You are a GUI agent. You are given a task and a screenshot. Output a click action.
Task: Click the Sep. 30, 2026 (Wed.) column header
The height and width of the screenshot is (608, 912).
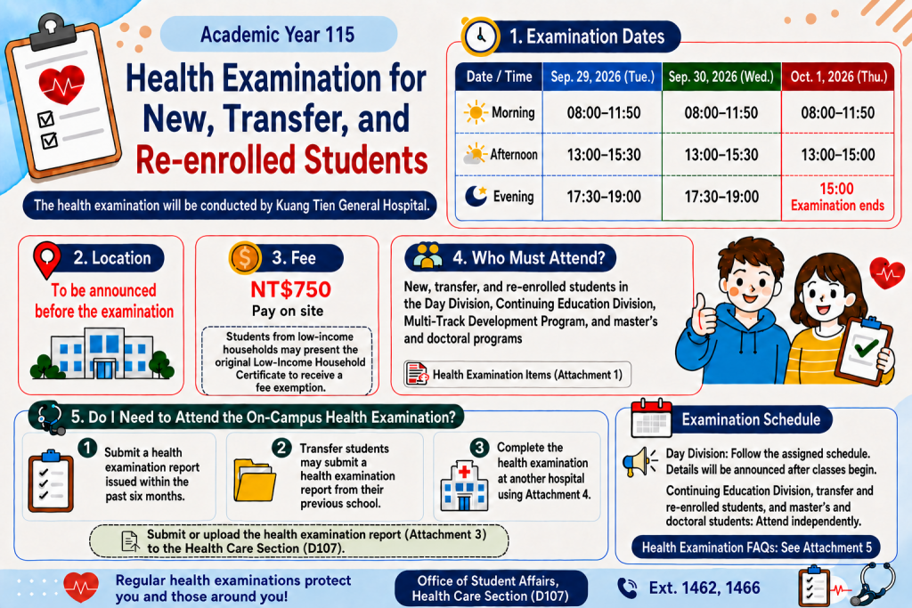pyautogui.click(x=721, y=77)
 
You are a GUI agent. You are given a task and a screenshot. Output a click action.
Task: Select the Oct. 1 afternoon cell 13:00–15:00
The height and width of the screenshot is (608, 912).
pyautogui.click(x=837, y=155)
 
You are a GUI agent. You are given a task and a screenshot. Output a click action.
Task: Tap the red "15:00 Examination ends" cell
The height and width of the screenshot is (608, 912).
pyautogui.click(x=837, y=197)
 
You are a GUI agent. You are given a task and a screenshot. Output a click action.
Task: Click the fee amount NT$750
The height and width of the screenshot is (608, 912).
pyautogui.click(x=290, y=289)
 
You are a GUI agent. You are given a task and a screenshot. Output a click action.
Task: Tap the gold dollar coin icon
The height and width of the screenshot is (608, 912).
pyautogui.click(x=245, y=257)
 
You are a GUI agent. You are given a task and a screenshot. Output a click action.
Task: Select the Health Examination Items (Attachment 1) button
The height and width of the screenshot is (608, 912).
pyautogui.click(x=517, y=375)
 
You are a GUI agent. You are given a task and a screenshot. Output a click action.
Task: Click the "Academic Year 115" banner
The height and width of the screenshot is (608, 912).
pyautogui.click(x=278, y=35)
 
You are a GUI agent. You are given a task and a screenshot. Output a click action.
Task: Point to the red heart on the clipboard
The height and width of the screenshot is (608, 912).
pyautogui.click(x=61, y=84)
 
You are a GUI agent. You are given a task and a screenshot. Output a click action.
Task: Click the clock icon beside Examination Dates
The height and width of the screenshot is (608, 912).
pyautogui.click(x=480, y=36)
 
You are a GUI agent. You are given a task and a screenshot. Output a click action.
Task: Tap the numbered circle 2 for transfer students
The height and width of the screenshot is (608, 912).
pyautogui.click(x=281, y=448)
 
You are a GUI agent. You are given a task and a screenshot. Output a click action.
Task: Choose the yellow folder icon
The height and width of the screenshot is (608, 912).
pyautogui.click(x=255, y=480)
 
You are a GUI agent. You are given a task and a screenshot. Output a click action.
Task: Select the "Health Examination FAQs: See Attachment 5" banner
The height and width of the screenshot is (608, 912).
pyautogui.click(x=756, y=547)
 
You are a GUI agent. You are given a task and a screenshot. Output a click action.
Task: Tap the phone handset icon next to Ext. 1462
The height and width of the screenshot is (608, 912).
pyautogui.click(x=627, y=588)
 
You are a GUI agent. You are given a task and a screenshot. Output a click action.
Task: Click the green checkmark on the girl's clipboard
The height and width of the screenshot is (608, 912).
pyautogui.click(x=866, y=347)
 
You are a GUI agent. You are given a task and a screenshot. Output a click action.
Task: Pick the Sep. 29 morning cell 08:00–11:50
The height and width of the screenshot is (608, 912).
pyautogui.click(x=603, y=113)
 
